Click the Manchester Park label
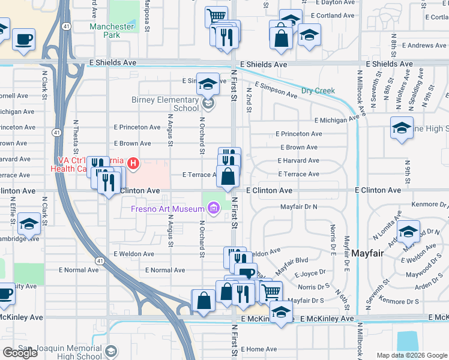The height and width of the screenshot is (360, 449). (112, 31)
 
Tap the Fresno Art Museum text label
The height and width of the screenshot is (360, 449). (167, 209)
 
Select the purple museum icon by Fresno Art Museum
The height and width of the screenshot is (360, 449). (212, 208)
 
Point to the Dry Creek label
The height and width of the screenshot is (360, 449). (318, 91)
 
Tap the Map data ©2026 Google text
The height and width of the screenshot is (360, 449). (412, 355)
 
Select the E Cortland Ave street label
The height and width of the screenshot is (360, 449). (334, 16)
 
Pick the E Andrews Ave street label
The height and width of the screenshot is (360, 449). (424, 46)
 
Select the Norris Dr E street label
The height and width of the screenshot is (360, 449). (332, 236)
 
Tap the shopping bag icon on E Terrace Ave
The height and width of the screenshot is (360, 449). (228, 177)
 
